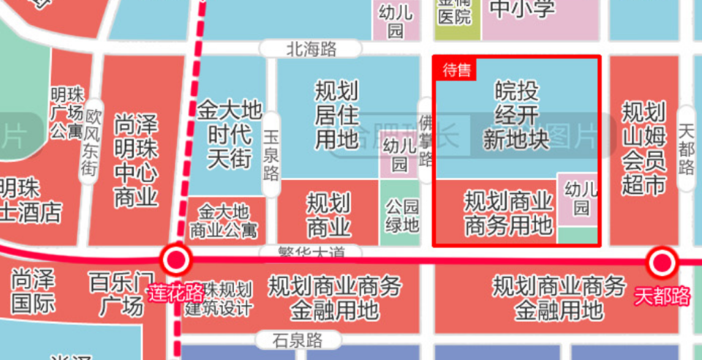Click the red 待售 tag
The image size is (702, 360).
(456, 70)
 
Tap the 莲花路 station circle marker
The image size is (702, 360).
(176, 260)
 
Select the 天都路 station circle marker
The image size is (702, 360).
(663, 263)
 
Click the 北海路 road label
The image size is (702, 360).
(312, 49)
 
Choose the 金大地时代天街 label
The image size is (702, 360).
(229, 135)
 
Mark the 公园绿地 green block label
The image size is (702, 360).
(402, 215)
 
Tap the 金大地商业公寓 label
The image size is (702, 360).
(223, 222)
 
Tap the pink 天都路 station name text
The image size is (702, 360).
(663, 296)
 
